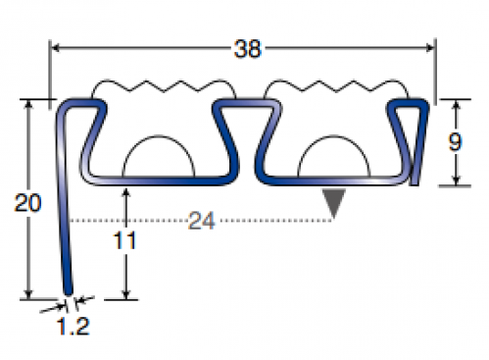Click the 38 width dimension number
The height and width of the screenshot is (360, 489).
tap(248, 49)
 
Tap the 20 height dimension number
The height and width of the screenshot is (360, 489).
tap(27, 203)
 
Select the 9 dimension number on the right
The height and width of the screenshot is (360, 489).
tap(455, 142)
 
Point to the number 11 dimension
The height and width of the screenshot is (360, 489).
tap(124, 240)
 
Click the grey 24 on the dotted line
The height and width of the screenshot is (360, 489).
tap(202, 221)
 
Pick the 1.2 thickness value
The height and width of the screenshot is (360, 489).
tap(73, 326)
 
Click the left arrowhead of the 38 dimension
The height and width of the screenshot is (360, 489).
tap(56, 48)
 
